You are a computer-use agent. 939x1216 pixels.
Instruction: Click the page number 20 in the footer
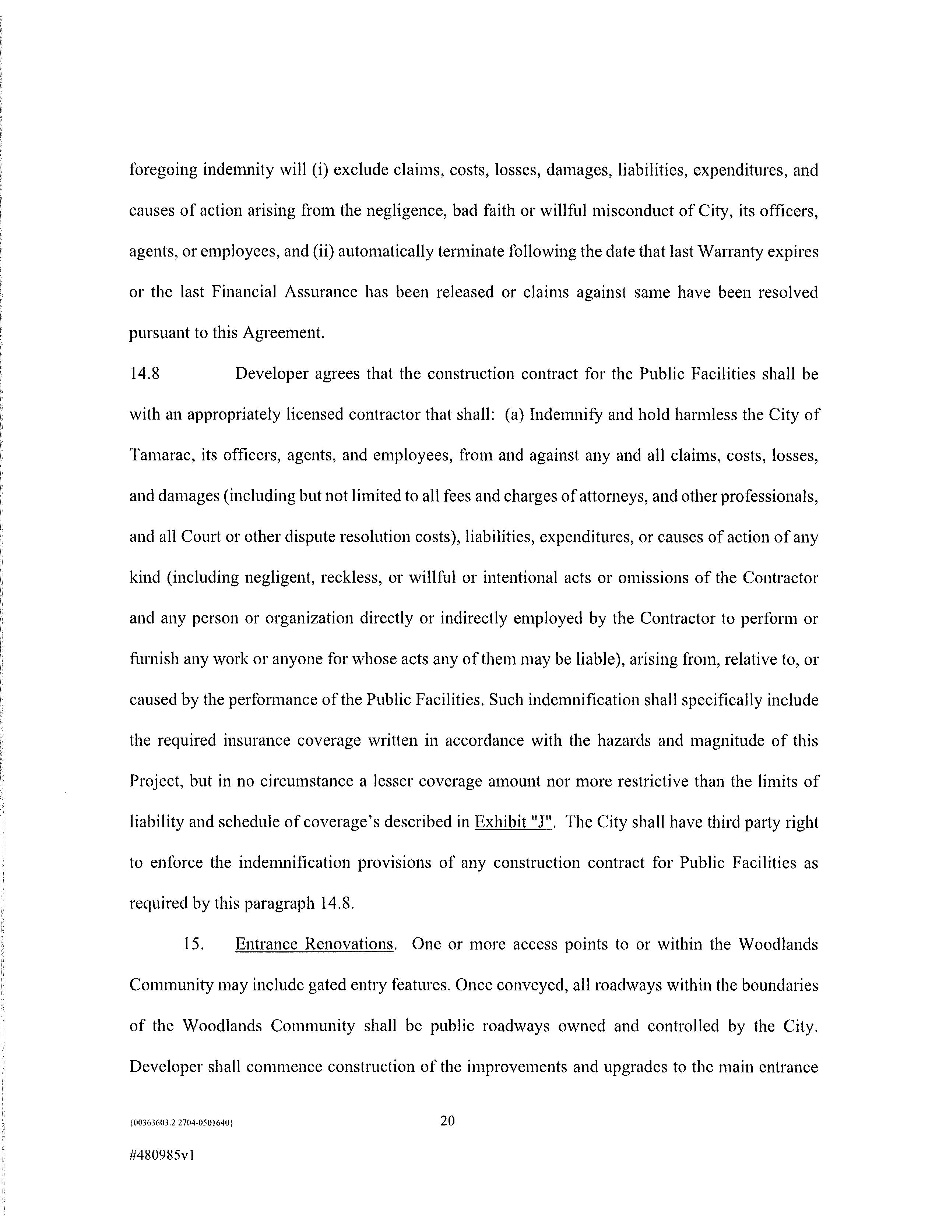(447, 1120)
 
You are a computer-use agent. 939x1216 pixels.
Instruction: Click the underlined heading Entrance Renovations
(315, 944)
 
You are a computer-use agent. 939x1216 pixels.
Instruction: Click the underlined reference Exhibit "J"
(512, 822)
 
